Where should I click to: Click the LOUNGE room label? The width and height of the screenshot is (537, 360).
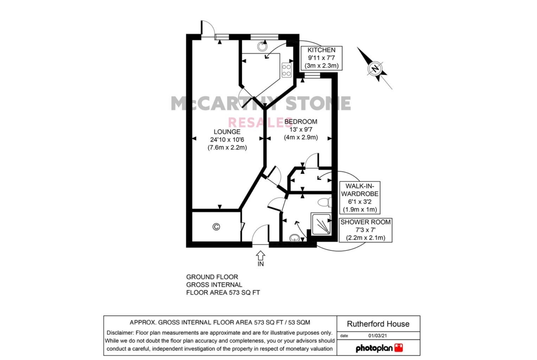(x=227, y=132)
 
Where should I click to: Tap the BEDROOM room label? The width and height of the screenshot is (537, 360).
(x=301, y=122)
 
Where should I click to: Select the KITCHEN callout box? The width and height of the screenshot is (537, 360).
(x=321, y=58)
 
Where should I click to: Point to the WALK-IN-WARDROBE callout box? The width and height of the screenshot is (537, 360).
(x=359, y=198)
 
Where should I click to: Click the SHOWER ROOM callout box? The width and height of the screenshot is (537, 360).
(x=365, y=230)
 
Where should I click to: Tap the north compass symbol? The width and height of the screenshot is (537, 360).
(x=375, y=68)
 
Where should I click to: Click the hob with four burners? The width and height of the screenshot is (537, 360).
(x=287, y=70)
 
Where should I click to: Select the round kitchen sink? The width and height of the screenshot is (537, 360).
(x=263, y=46)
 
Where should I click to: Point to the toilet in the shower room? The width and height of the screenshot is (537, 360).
(x=324, y=202)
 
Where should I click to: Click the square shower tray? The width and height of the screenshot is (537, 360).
(x=321, y=224)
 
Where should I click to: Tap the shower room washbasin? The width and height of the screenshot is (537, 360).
(x=295, y=238)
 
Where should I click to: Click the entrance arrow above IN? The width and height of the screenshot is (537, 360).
(x=261, y=255)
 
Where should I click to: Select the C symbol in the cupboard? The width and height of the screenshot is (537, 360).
(x=216, y=227)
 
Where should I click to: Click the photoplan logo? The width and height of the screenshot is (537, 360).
(x=379, y=348)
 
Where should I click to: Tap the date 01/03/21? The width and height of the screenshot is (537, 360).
(x=378, y=336)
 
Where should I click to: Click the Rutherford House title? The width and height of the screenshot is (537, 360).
(x=378, y=324)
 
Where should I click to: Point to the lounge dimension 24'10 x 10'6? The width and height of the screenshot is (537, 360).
(x=227, y=139)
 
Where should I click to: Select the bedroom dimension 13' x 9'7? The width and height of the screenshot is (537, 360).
(x=301, y=130)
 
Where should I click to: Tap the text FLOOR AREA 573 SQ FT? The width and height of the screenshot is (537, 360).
(x=223, y=293)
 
